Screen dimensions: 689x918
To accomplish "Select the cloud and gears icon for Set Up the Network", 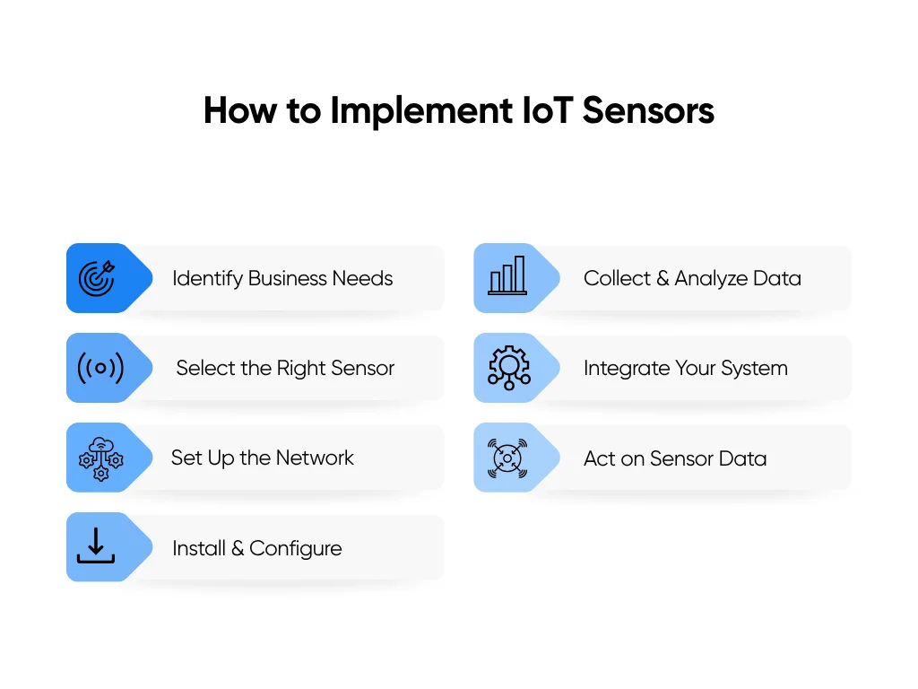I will coord(100,458).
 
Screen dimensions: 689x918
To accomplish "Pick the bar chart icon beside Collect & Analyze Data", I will coord(507,277).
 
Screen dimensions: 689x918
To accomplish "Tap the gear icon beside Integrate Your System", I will coord(508,368).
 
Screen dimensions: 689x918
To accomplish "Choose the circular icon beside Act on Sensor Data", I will coord(507,458).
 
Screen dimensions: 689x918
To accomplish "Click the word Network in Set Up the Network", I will coord(315,458).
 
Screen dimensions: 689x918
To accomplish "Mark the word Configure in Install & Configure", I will coord(296,548).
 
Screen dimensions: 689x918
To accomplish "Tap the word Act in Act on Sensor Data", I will coord(600,458).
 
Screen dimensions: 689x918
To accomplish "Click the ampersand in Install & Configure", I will coord(238,548).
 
